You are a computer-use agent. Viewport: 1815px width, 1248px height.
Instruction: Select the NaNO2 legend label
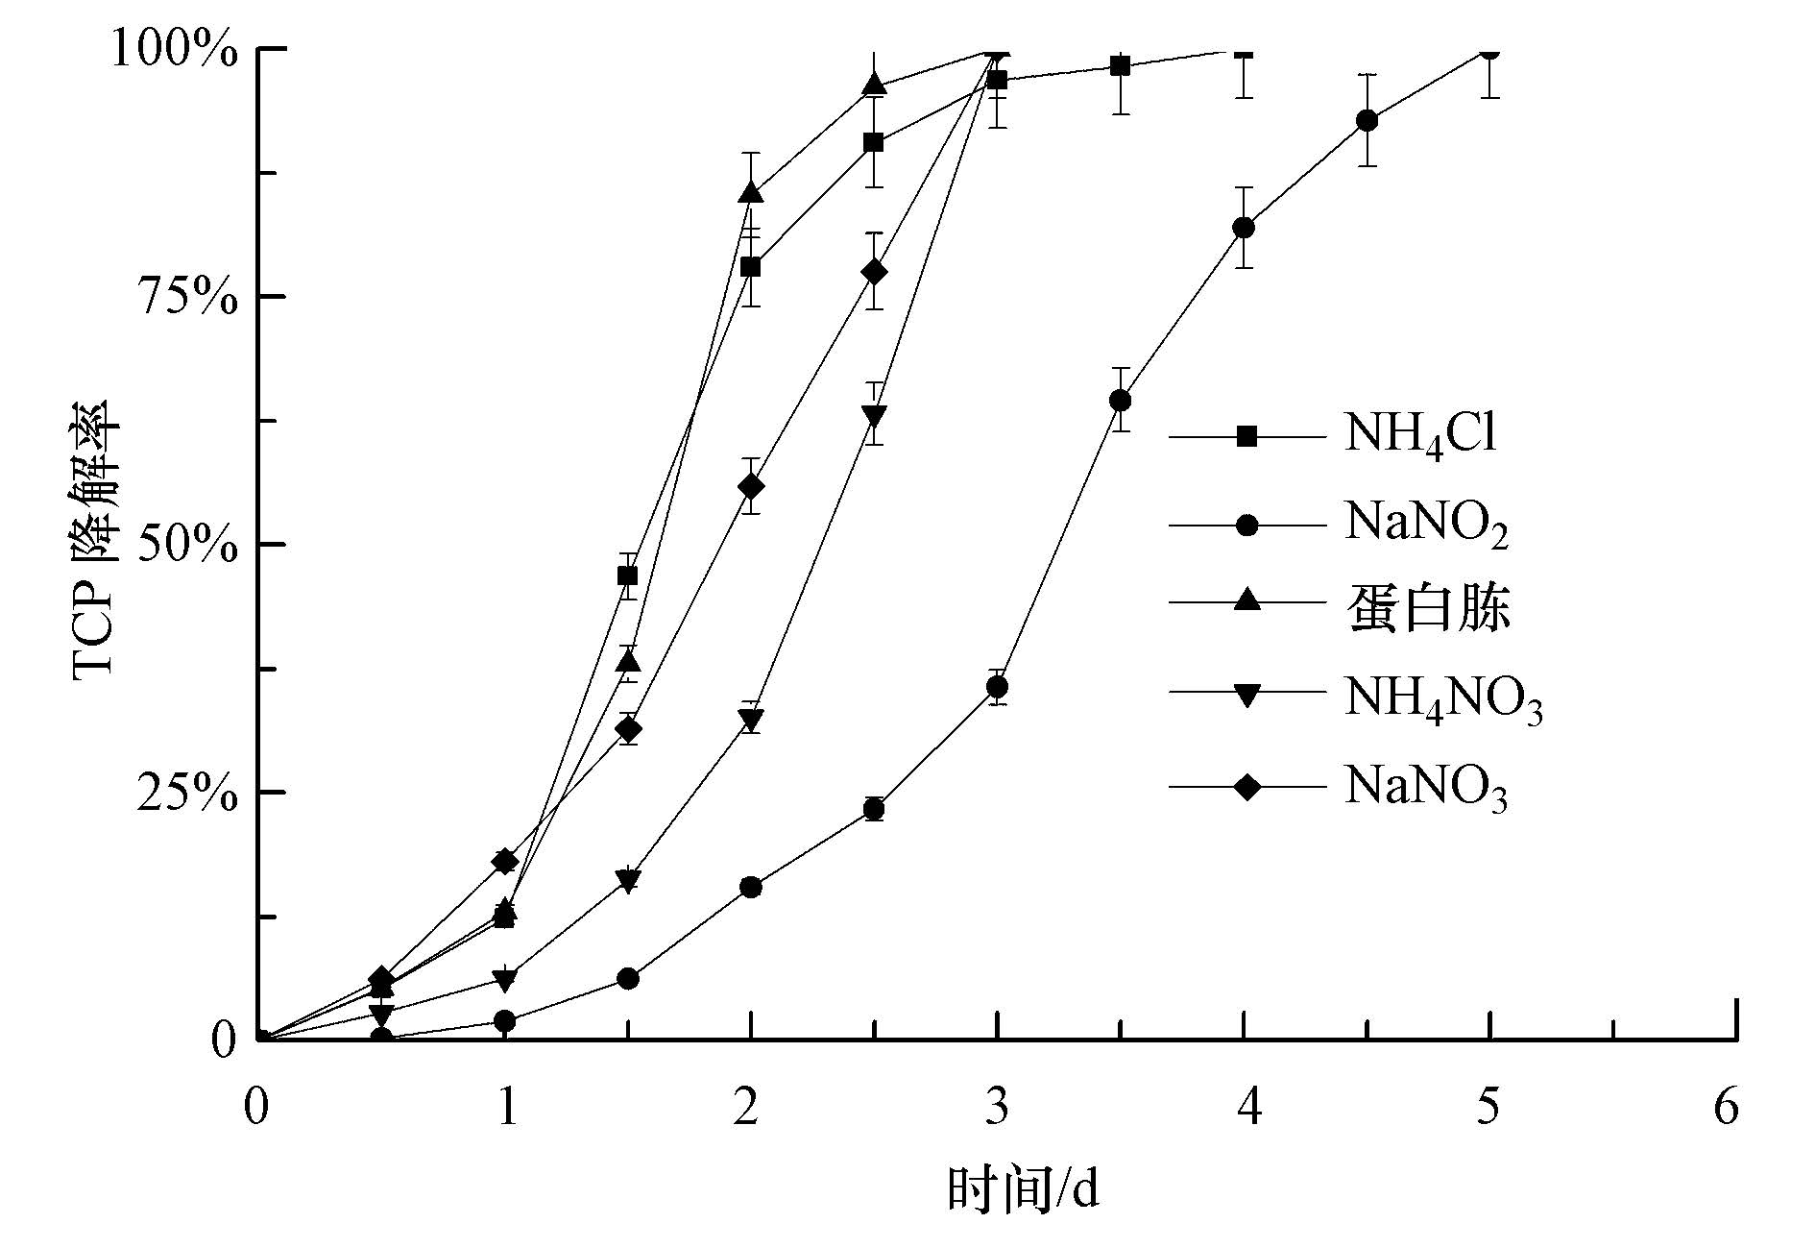tap(1426, 525)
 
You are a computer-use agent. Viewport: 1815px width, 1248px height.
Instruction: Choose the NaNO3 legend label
tap(1426, 787)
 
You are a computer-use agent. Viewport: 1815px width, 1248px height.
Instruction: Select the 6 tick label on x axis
tap(1727, 1108)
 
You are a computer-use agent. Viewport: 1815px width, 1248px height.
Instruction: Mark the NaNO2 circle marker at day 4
tap(1244, 228)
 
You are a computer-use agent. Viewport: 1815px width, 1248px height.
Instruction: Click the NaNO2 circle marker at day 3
tap(998, 687)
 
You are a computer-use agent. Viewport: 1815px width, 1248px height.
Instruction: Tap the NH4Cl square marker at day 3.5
tap(1120, 66)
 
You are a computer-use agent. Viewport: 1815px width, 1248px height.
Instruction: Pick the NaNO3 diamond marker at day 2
tap(752, 486)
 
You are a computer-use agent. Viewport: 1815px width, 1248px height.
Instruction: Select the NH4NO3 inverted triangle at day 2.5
tap(874, 416)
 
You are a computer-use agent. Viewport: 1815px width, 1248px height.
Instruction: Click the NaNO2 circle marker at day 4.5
tap(1367, 121)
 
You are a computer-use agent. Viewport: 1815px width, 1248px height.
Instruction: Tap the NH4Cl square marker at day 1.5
tap(628, 575)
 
